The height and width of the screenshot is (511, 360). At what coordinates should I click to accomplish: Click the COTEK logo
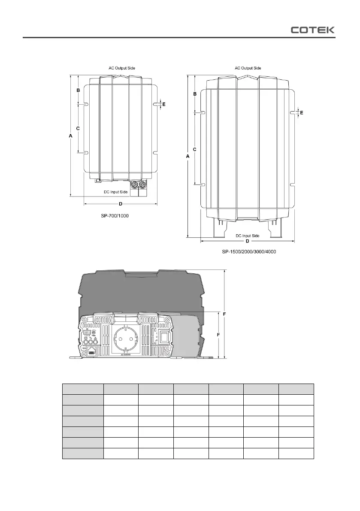pos(313,30)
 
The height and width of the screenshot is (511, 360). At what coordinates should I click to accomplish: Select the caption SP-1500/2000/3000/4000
pos(249,252)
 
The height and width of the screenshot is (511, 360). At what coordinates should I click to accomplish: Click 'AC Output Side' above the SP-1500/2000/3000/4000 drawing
pos(248,68)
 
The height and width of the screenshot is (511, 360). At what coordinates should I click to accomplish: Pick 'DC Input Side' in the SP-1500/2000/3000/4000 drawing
pos(248,236)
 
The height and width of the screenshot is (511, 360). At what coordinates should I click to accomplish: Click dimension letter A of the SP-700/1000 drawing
pos(70,136)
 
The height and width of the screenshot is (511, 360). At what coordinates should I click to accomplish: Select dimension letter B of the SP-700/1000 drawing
pos(78,91)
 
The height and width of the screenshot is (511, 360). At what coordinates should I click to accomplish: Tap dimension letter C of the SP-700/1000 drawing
pos(78,128)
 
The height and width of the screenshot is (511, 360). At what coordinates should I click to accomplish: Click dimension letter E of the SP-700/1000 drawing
pos(163,104)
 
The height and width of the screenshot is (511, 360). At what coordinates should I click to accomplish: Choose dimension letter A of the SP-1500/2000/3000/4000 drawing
pos(188,157)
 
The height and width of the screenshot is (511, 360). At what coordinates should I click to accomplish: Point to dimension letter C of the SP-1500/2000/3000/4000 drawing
pos(195,149)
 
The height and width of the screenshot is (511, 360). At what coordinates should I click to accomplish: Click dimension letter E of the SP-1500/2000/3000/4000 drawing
pos(302,112)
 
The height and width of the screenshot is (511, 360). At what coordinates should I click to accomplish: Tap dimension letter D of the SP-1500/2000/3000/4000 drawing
pos(248,241)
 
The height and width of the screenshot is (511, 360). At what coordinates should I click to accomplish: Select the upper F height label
pos(225,314)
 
